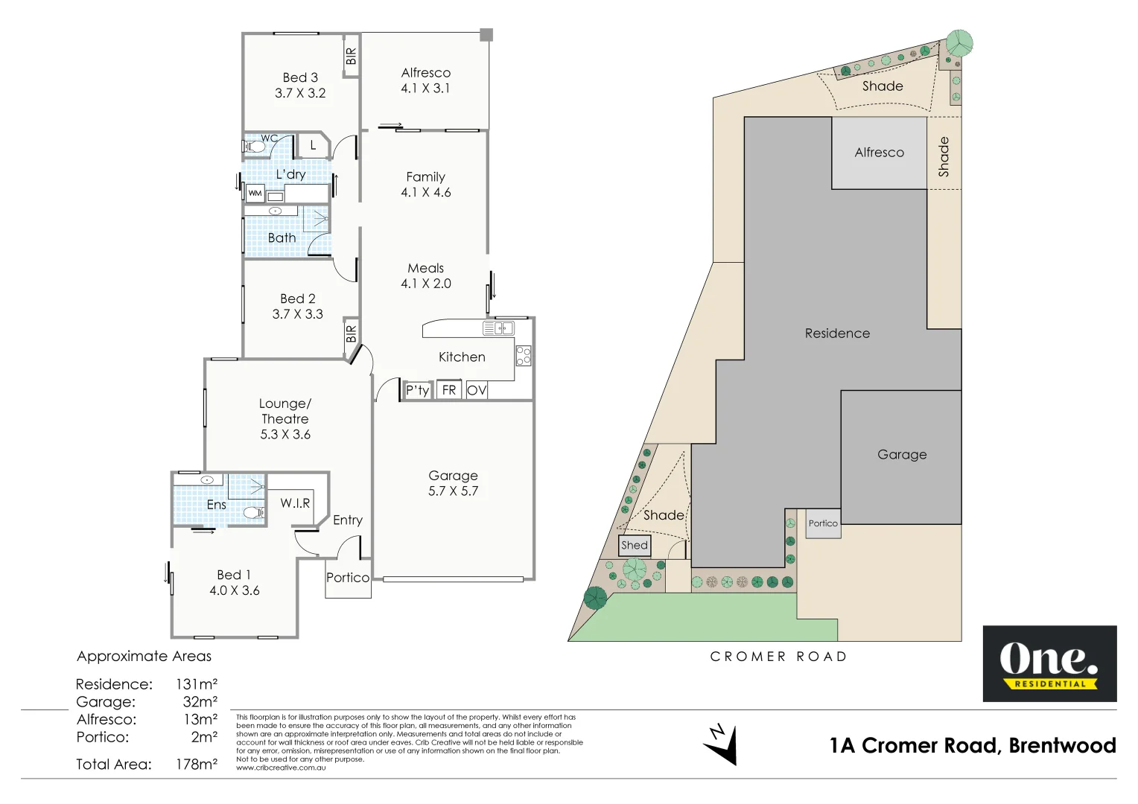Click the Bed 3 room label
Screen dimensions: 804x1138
[x=300, y=77]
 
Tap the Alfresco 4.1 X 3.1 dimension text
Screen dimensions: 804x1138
[x=425, y=89]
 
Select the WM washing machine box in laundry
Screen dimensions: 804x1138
[x=255, y=194]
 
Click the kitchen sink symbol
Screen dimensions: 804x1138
[x=498, y=328]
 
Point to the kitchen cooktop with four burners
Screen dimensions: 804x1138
[x=524, y=356]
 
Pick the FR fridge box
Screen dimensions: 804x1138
[x=449, y=390]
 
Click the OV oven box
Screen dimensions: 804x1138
[x=477, y=390]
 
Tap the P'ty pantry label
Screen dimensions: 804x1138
[x=417, y=390]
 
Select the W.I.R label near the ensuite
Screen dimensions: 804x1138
[x=295, y=503]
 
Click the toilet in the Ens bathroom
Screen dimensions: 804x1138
[x=253, y=512]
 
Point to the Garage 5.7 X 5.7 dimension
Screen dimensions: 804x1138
[x=453, y=491]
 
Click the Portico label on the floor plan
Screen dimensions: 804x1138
[x=348, y=578]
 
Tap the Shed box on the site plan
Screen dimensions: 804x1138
[x=635, y=546]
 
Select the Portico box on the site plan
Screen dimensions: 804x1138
[x=823, y=523]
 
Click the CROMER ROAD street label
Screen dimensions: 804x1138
[x=778, y=657]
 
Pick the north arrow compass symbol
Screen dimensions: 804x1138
[x=722, y=744]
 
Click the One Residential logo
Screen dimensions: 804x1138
[x=1049, y=663]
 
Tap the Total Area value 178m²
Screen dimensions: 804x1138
[x=197, y=765]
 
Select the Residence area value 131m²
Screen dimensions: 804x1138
[x=197, y=684]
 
